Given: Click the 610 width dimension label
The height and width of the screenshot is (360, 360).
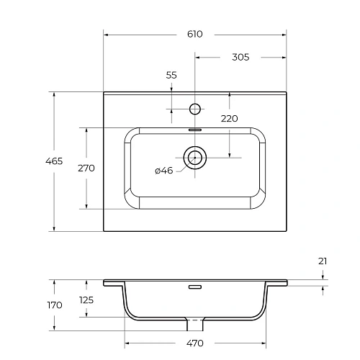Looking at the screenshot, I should tap(194, 34).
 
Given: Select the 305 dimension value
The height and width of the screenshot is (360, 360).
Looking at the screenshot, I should tap(240, 58).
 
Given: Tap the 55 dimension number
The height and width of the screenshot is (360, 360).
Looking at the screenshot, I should tap(171, 75).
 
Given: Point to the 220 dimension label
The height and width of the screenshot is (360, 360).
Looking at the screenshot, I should tap(229, 118).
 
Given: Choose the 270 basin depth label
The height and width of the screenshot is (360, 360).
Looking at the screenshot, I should tap(86, 168).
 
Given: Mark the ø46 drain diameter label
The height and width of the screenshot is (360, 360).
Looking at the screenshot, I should tap(163, 171).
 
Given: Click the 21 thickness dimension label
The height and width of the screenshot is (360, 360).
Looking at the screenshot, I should tap(323, 261).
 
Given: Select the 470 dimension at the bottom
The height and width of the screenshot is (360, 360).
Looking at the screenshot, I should tap(194, 343).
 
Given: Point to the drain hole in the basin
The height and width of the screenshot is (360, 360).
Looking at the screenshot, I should tap(194, 156).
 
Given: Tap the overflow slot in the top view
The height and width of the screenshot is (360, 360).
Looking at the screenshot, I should tap(194, 130).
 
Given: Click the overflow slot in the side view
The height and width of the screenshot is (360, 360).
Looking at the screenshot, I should tap(194, 287).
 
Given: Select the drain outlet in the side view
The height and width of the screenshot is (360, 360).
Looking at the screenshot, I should tap(194, 321).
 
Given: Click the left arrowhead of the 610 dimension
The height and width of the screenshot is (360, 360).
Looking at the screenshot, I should tap(106, 34).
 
